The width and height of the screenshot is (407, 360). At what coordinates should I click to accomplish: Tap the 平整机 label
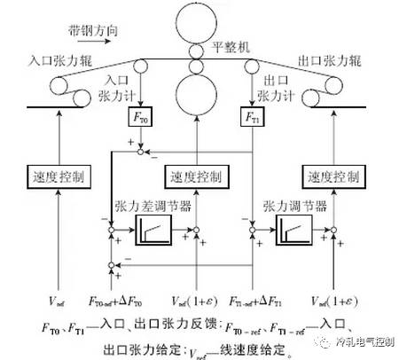[234, 43]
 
